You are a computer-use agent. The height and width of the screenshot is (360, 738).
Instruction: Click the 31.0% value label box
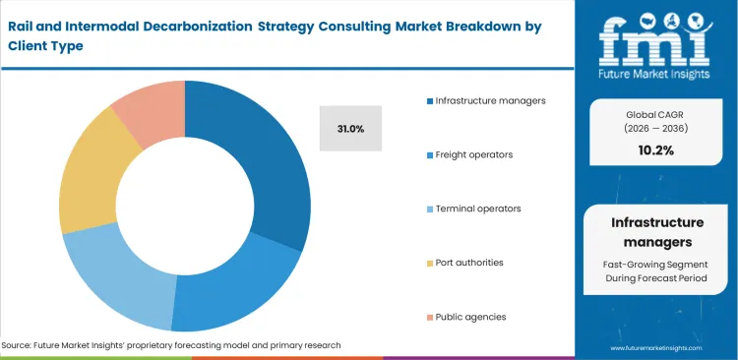(350, 128)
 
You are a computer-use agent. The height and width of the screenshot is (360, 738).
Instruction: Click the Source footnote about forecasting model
(171, 345)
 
